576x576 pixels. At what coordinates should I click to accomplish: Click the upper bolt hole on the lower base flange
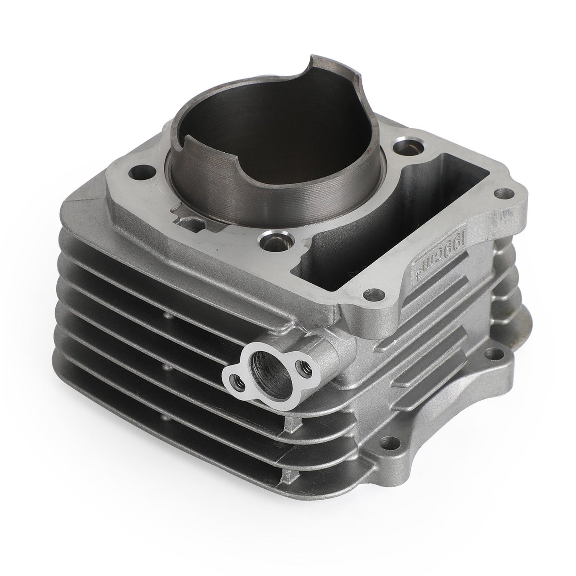[x=493, y=353]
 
